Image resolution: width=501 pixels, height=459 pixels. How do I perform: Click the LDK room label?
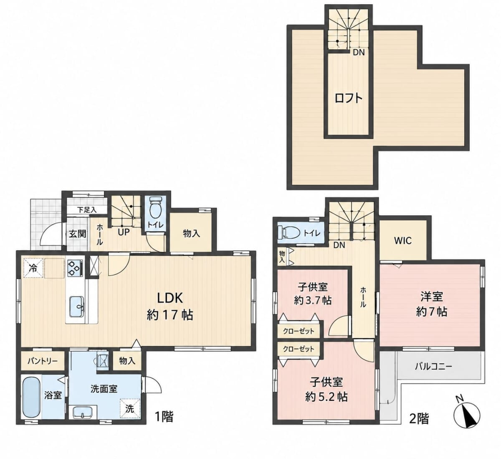pyautogui.click(x=170, y=306)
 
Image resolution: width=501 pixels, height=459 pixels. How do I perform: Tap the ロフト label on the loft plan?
pyautogui.click(x=348, y=98)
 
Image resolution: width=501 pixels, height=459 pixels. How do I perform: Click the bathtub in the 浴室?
pyautogui.click(x=31, y=397)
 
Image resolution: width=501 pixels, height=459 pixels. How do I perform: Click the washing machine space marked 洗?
pyautogui.click(x=130, y=408)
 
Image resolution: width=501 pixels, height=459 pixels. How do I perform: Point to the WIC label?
pyautogui.click(x=403, y=240)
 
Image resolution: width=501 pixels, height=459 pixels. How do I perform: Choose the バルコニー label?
pyautogui.click(x=433, y=367)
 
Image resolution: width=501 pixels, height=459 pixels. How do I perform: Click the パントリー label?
pyautogui.click(x=43, y=361)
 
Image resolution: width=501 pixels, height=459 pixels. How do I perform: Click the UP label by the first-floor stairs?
pyautogui.click(x=124, y=232)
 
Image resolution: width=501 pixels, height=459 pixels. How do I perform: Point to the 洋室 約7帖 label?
pyautogui.click(x=432, y=304)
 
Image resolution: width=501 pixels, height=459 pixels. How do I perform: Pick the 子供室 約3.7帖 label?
pyautogui.click(x=313, y=294)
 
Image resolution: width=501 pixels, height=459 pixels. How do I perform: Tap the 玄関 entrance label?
pyautogui.click(x=78, y=234)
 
